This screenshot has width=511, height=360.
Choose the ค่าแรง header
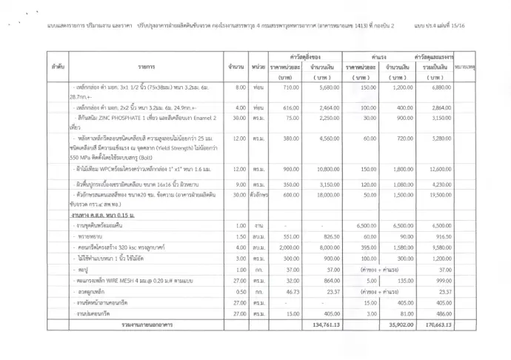coord(379,56)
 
